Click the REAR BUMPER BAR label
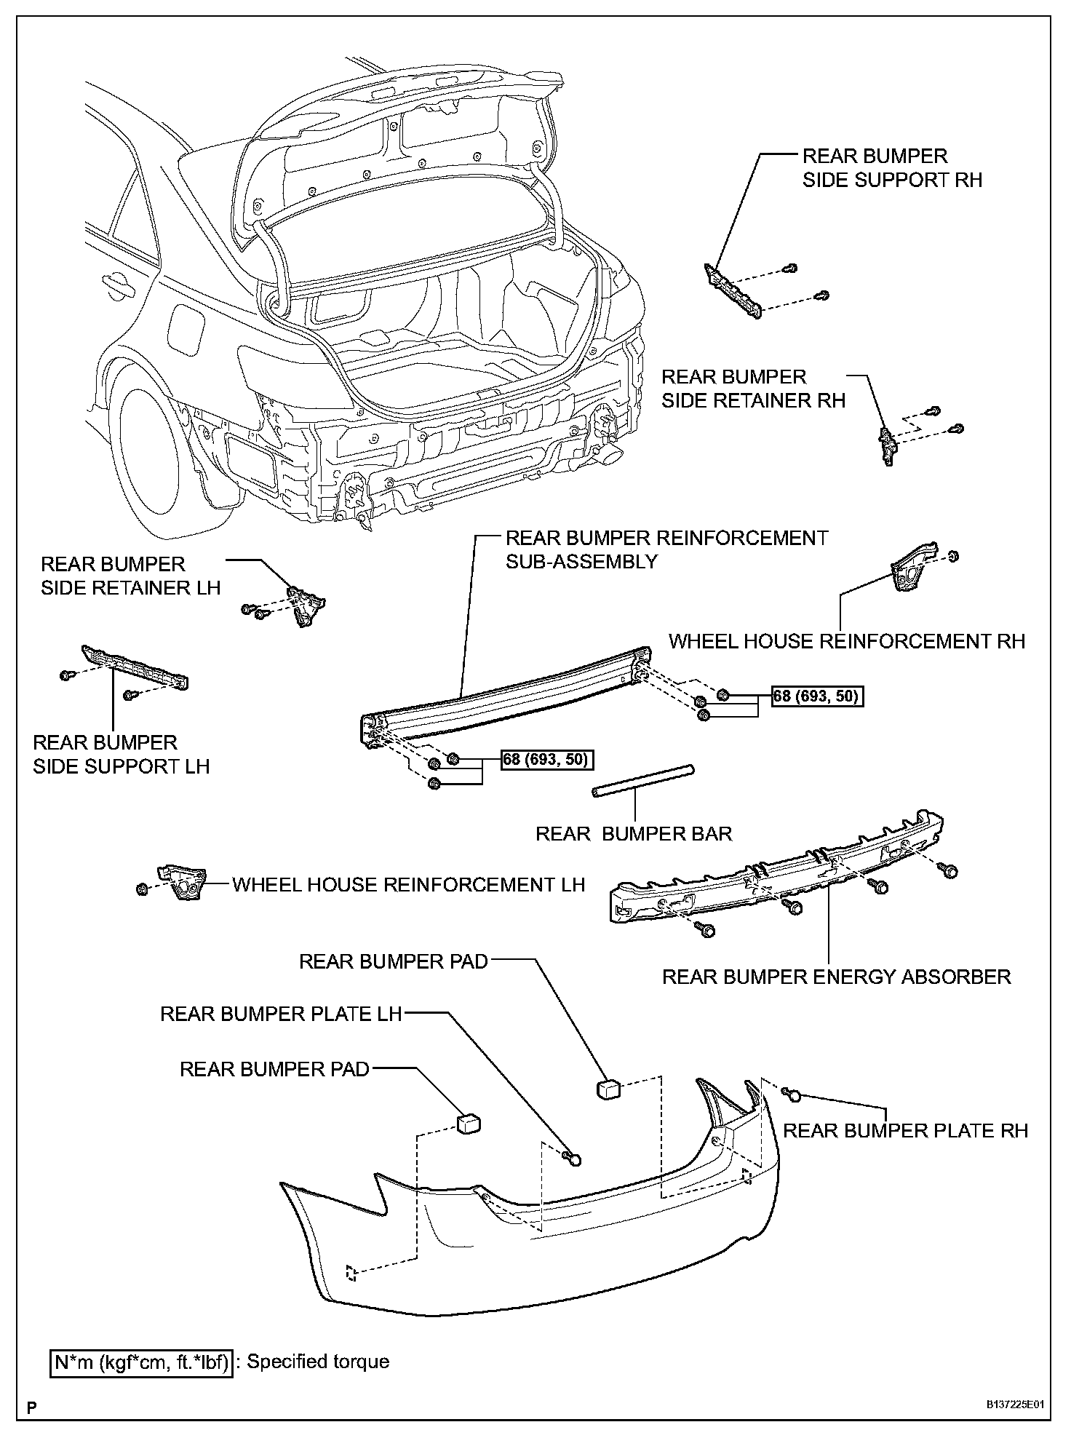[633, 833]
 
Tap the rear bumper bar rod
[642, 781]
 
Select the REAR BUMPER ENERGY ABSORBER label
[836, 976]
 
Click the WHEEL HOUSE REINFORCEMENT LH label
[408, 884]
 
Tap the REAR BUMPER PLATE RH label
[905, 1130]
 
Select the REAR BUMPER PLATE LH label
[281, 1014]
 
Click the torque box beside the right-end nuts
[818, 696]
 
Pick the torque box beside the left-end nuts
[547, 760]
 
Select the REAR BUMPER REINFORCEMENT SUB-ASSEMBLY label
[666, 549]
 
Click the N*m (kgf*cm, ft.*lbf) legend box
[142, 1362]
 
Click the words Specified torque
[318, 1362]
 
